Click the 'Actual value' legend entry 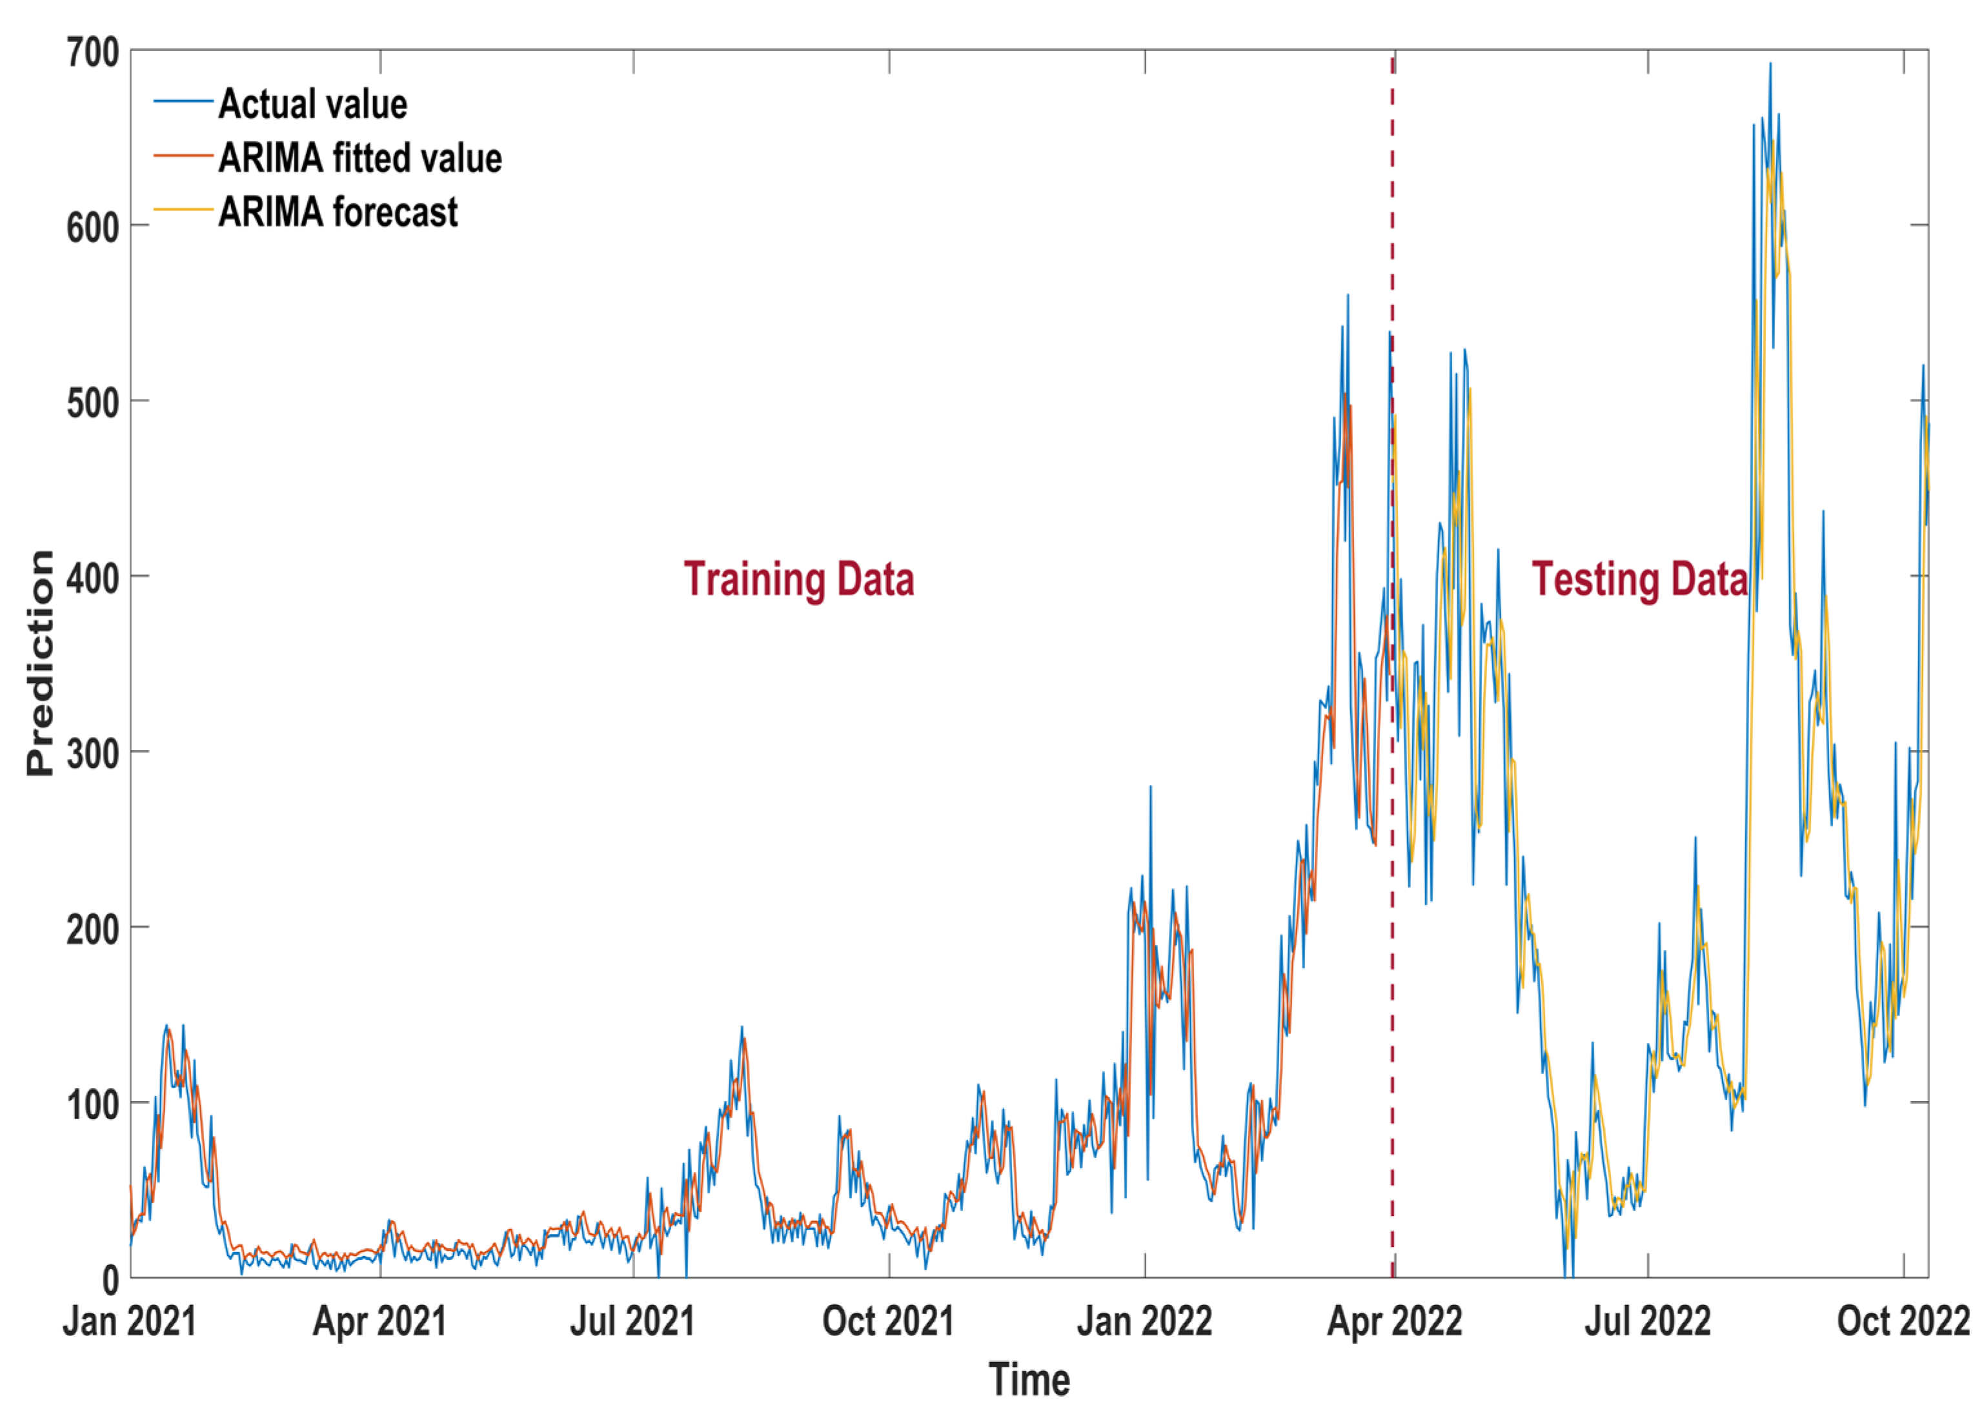312,104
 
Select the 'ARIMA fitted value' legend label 360,158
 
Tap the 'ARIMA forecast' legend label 338,212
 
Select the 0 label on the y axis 110,1280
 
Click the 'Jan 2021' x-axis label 129,1321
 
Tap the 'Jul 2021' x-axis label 632,1321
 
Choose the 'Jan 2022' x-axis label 1144,1321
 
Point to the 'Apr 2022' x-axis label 1394,1321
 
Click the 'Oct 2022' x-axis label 1903,1321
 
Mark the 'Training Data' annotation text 799,579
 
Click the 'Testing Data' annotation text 1639,579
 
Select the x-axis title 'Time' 1029,1379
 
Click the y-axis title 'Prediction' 40,663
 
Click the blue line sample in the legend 183,102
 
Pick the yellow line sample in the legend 183,210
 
